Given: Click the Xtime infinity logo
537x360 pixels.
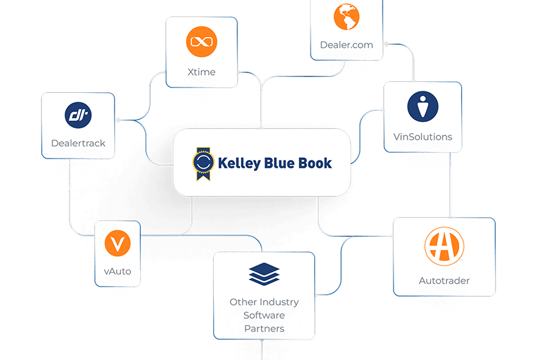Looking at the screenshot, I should pyautogui.click(x=201, y=42).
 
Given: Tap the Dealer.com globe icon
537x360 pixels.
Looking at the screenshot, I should pyautogui.click(x=347, y=18).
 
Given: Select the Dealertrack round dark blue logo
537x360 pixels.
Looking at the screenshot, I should pyautogui.click(x=78, y=115).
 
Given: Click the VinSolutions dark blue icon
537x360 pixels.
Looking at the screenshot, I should pyautogui.click(x=423, y=107).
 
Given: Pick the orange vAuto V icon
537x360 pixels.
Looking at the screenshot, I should pyautogui.click(x=118, y=243).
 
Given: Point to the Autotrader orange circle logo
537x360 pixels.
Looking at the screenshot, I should pyautogui.click(x=444, y=246).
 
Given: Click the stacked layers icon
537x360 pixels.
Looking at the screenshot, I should pyautogui.click(x=264, y=274).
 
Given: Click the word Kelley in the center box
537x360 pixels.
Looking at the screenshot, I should pyautogui.click(x=239, y=163).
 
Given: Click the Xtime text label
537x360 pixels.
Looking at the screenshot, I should pyautogui.click(x=201, y=72).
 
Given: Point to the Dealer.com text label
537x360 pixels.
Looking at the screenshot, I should pyautogui.click(x=346, y=45).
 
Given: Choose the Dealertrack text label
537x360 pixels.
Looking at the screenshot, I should pyautogui.click(x=78, y=143).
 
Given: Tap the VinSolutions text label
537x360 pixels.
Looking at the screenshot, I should pyautogui.click(x=423, y=137).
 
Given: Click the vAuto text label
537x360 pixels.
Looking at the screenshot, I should pyautogui.click(x=117, y=271).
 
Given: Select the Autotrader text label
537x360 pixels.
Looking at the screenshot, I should pyautogui.click(x=444, y=281).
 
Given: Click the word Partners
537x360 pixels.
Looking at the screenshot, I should pyautogui.click(x=264, y=328).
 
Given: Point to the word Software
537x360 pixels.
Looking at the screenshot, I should pyautogui.click(x=264, y=315).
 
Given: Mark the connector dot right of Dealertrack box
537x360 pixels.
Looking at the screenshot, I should pyautogui.click(x=118, y=120).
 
